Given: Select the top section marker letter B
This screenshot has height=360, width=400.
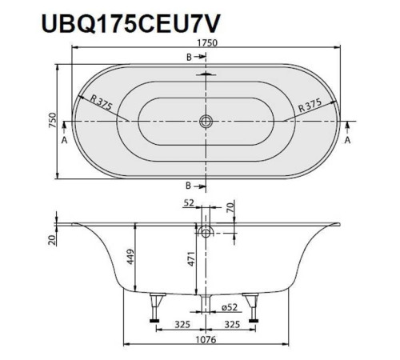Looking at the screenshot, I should [x=189, y=58].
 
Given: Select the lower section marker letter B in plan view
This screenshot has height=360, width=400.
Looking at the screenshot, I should [x=189, y=184].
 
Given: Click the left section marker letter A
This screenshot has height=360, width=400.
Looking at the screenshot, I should [x=64, y=139].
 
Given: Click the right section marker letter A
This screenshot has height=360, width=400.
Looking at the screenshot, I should [x=348, y=139].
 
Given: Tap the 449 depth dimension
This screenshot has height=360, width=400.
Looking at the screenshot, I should [x=129, y=257].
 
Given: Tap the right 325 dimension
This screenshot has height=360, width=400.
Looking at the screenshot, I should [x=233, y=326].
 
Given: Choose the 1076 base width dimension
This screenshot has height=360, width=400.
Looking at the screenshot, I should [x=206, y=345].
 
